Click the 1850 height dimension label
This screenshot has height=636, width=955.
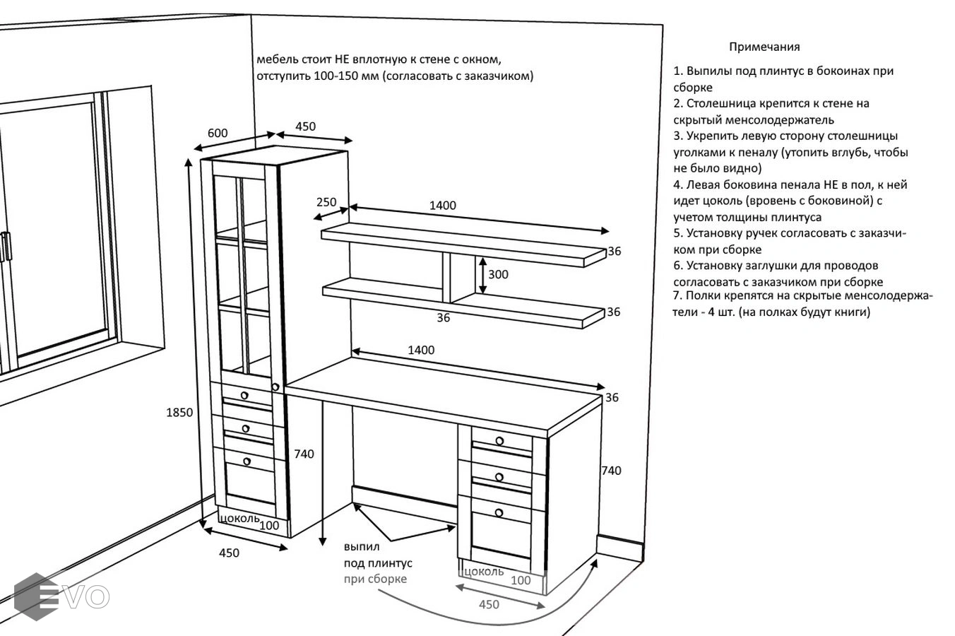point(179,413)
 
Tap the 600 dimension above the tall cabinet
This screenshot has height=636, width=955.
point(218,133)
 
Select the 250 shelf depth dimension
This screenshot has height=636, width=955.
point(326,202)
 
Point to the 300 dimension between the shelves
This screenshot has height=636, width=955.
point(498,274)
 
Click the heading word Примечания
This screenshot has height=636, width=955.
point(764,47)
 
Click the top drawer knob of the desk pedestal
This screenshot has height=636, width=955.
point(499,441)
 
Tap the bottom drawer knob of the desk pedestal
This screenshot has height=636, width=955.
point(499,512)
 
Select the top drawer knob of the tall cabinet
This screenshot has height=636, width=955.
point(244,394)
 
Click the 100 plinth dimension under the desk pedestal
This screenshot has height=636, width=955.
point(520,580)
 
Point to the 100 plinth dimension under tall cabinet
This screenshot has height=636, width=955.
point(269,525)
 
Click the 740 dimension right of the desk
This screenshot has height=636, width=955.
point(610,471)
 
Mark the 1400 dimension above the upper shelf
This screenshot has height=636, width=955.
point(443,206)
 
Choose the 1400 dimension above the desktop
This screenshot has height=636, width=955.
point(421,350)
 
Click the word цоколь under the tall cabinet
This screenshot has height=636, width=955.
point(239,518)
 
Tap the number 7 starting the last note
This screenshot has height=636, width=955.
point(677,295)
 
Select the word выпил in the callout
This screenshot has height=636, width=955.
point(362,546)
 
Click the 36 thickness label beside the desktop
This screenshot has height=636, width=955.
point(612,398)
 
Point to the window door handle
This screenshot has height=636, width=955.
point(6,247)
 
